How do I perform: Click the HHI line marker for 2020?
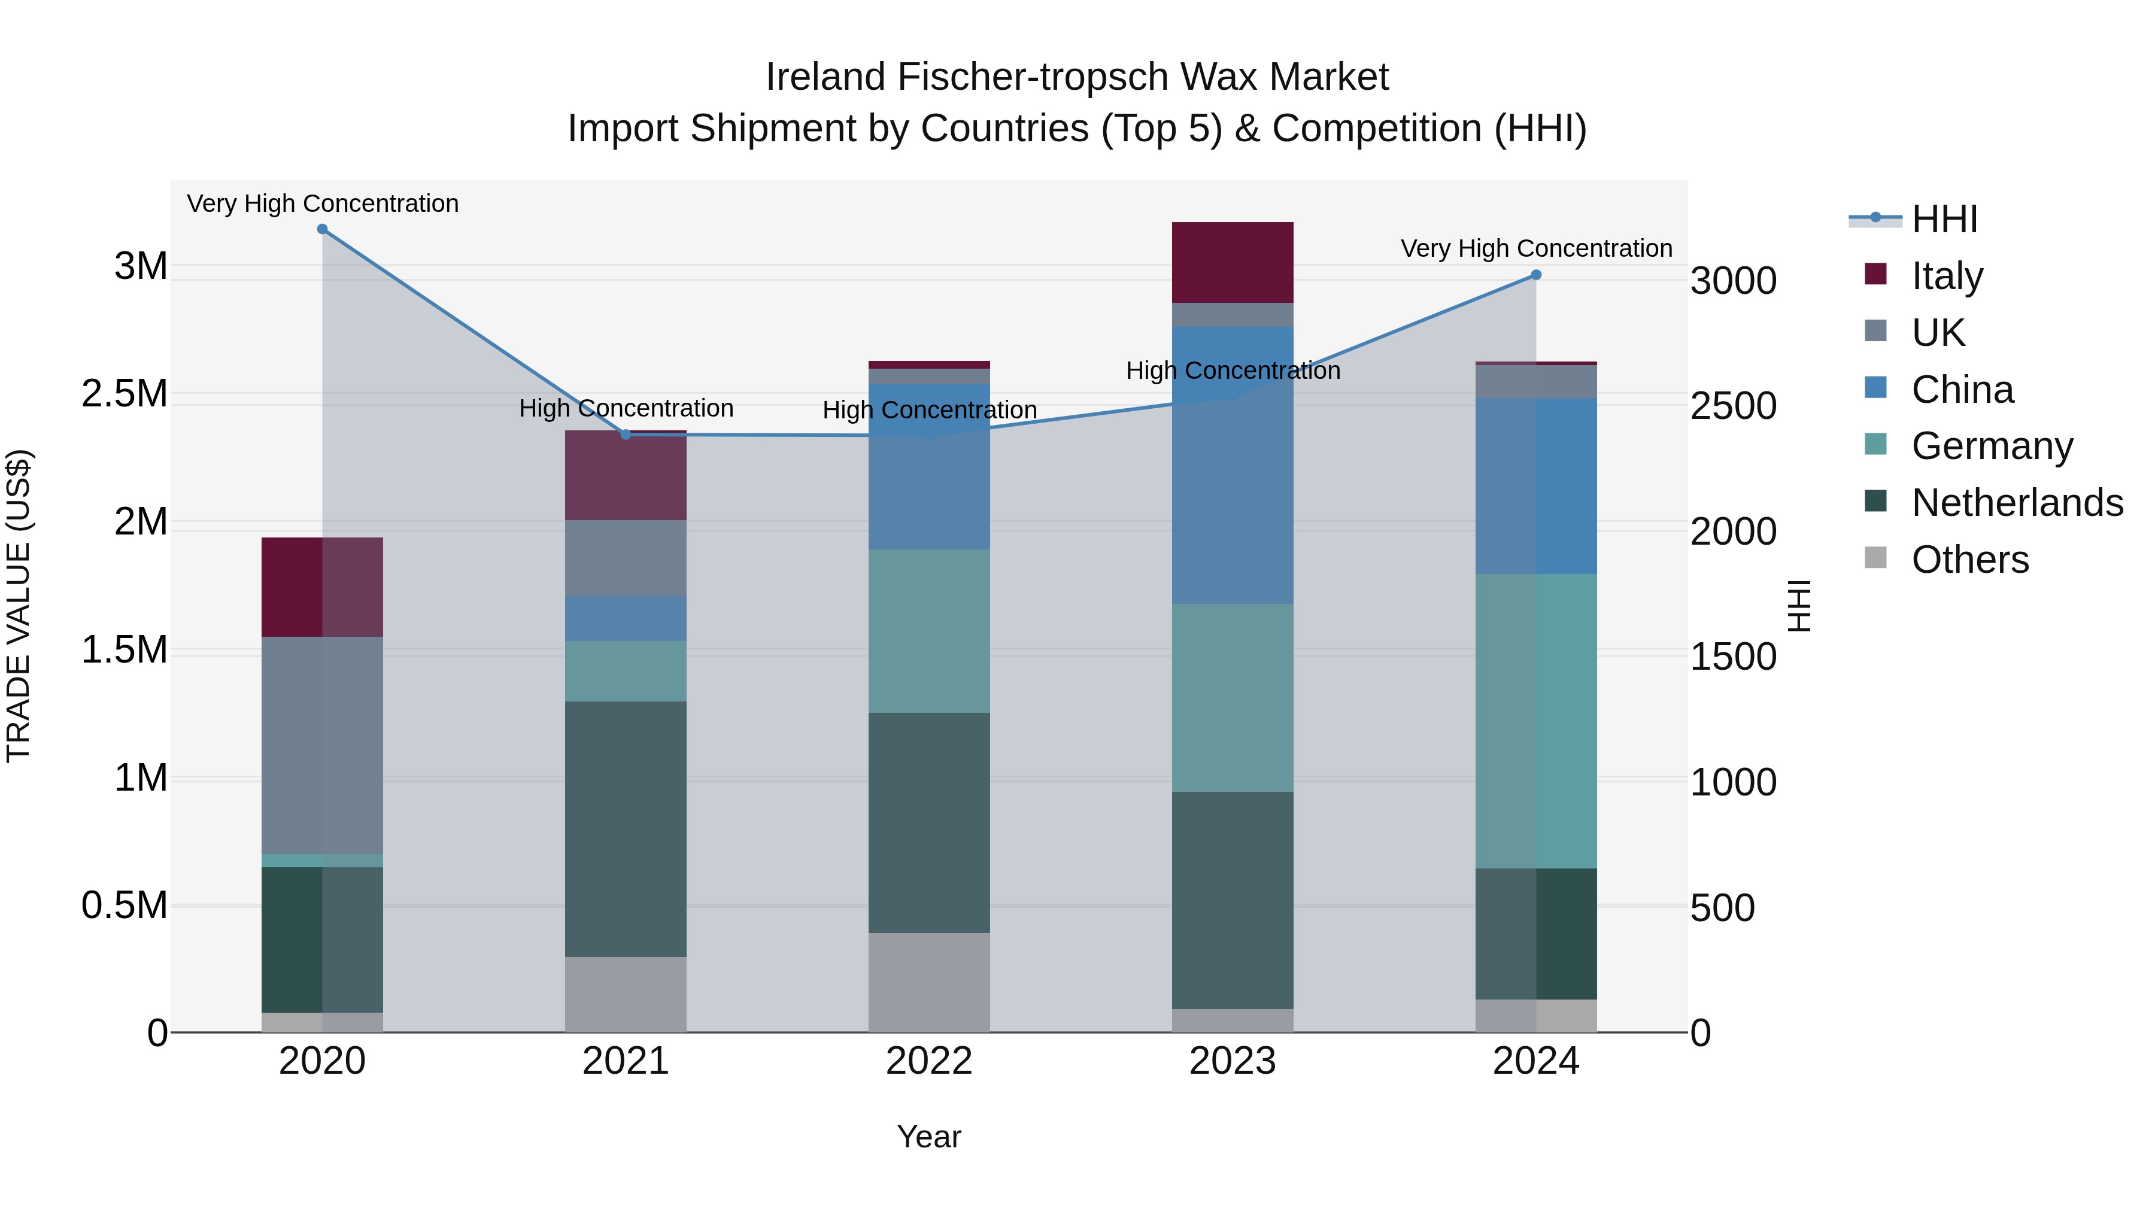(322, 229)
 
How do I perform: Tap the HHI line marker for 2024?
(1536, 275)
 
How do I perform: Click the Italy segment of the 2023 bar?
(1233, 263)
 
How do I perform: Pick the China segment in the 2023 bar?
(1233, 465)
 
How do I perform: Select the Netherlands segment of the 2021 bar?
(626, 828)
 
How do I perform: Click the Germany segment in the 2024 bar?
(1536, 721)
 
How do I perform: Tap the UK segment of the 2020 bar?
(322, 745)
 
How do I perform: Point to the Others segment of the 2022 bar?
(928, 982)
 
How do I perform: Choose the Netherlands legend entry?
(2016, 503)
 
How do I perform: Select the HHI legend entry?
(1944, 219)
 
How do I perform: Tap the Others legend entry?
(1969, 560)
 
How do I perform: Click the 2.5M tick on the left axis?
(125, 394)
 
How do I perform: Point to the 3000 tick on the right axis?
(1734, 281)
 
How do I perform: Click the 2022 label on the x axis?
(928, 1061)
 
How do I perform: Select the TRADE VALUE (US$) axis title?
(19, 606)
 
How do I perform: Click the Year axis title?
(928, 1137)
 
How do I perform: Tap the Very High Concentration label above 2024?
(1536, 248)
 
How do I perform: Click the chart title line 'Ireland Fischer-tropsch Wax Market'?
(1077, 77)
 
